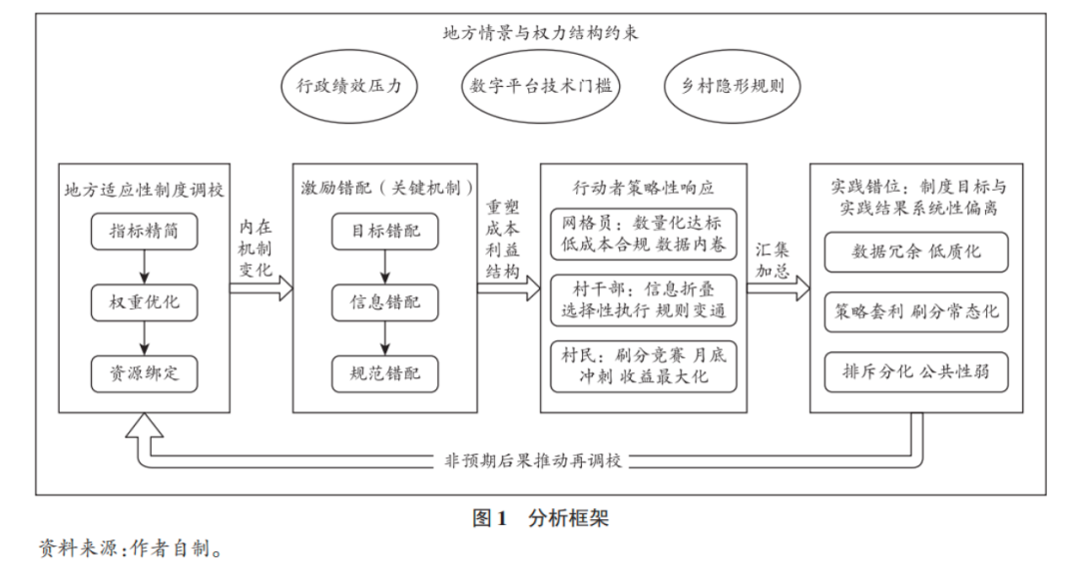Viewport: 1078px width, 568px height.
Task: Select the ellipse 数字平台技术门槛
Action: pyautogui.click(x=540, y=86)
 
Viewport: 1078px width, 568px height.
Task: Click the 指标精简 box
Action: pyautogui.click(x=144, y=232)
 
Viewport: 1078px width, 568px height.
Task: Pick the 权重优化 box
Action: pyautogui.click(x=144, y=302)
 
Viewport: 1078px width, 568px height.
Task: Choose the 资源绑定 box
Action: pyautogui.click(x=144, y=373)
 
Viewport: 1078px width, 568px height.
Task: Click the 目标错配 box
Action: pyautogui.click(x=385, y=232)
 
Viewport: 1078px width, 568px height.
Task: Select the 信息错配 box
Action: pyautogui.click(x=385, y=302)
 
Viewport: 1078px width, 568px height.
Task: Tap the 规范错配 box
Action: pyautogui.click(x=385, y=373)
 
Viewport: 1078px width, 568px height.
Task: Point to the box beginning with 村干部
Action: pyautogui.click(x=643, y=301)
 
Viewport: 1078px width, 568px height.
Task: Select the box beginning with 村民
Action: pyautogui.click(x=643, y=365)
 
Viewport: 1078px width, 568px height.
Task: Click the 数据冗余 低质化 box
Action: pyautogui.click(x=916, y=252)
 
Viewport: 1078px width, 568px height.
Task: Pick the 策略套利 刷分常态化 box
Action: pyautogui.click(x=916, y=311)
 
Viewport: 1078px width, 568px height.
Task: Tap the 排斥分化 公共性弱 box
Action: pyautogui.click(x=916, y=372)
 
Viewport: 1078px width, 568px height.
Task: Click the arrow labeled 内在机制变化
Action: pyautogui.click(x=262, y=288)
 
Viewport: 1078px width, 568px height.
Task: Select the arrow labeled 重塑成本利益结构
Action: pyautogui.click(x=506, y=288)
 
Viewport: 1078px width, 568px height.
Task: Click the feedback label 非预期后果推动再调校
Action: pyautogui.click(x=533, y=461)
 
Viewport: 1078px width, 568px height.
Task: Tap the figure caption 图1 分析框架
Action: pyautogui.click(x=540, y=518)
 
